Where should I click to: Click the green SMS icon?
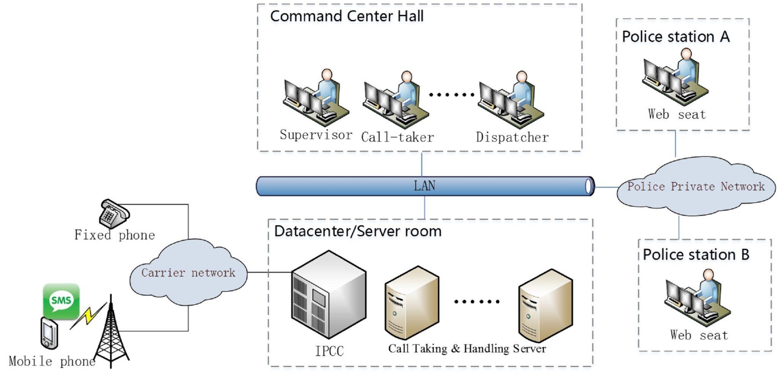[x=61, y=301]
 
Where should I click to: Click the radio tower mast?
[x=111, y=334]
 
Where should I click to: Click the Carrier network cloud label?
[x=188, y=273]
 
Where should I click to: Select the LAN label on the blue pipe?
[x=424, y=186]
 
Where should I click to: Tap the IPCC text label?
[x=329, y=351]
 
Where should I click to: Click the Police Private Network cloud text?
[x=695, y=186]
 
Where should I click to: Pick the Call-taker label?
[x=397, y=137]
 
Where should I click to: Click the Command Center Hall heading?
[x=346, y=16]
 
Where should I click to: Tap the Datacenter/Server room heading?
[x=357, y=231]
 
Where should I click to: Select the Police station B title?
[x=696, y=254]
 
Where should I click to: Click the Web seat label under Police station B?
[x=699, y=335]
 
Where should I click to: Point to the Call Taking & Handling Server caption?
[x=467, y=348]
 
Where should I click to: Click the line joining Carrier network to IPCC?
[x=269, y=272]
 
